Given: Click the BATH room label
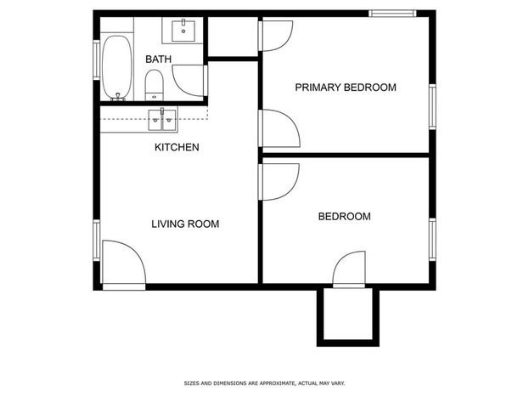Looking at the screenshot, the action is tap(158, 60).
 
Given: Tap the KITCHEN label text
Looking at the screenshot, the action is tap(177, 147).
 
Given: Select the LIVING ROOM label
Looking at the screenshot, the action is tap(185, 224).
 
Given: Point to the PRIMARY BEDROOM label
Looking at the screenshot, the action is tap(346, 88).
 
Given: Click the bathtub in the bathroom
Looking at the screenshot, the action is tap(116, 67).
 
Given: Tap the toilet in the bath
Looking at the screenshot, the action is tap(155, 85).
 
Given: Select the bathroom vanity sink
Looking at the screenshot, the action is tap(183, 31).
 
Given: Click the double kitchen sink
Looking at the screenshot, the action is tap(162, 120).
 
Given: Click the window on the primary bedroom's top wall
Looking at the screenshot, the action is tap(392, 14).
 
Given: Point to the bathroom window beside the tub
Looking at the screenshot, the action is tap(97, 60).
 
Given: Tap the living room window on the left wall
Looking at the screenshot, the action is tap(97, 241).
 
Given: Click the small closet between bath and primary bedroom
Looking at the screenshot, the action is tap(233, 37).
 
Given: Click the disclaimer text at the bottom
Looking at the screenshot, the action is tap(264, 383).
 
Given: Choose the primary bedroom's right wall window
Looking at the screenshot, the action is tap(432, 107).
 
